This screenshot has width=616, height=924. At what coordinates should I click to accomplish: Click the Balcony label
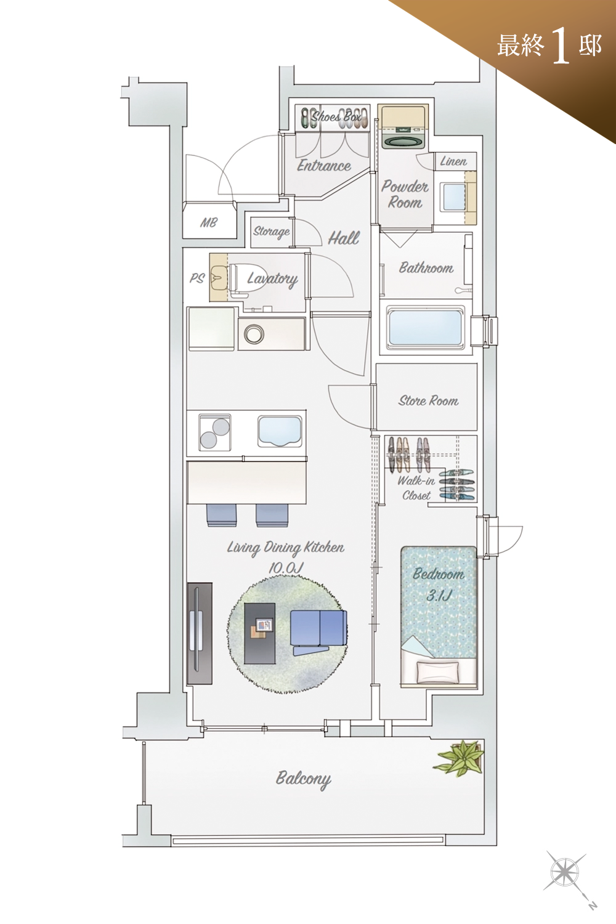[303, 779]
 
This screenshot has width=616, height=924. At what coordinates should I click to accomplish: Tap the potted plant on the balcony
[459, 758]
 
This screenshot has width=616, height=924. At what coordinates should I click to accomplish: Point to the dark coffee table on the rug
[259, 634]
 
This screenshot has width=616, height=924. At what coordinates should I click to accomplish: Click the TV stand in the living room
[200, 634]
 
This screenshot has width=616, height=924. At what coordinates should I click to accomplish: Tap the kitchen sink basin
[280, 431]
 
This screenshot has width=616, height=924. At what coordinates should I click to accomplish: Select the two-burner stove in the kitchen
[214, 432]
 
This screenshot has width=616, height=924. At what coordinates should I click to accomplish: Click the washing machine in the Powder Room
[402, 128]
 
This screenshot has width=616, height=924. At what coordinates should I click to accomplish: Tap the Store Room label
[428, 400]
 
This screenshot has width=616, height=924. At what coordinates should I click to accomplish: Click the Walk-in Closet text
[415, 488]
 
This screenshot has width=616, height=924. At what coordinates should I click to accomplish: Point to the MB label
[209, 223]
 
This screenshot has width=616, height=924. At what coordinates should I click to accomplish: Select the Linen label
[453, 161]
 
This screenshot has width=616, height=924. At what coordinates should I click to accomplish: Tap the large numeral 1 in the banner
[561, 46]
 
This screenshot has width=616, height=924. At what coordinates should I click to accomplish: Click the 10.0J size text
[286, 568]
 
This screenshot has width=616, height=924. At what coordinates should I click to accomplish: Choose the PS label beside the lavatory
[197, 278]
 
